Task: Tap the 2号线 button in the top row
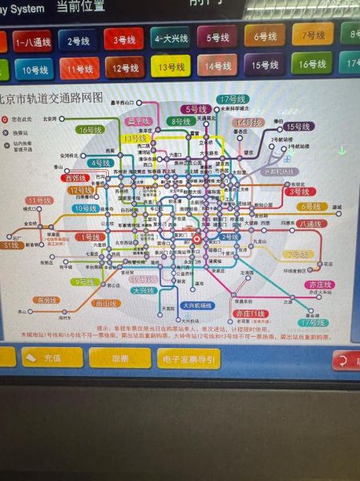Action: [78, 40]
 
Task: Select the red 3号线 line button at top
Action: [123, 39]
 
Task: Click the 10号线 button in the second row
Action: [33, 70]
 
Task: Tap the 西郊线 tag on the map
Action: [75, 178]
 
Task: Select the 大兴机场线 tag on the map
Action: [196, 305]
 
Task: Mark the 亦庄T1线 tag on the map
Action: [249, 313]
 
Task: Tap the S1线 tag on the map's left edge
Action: [11, 245]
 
